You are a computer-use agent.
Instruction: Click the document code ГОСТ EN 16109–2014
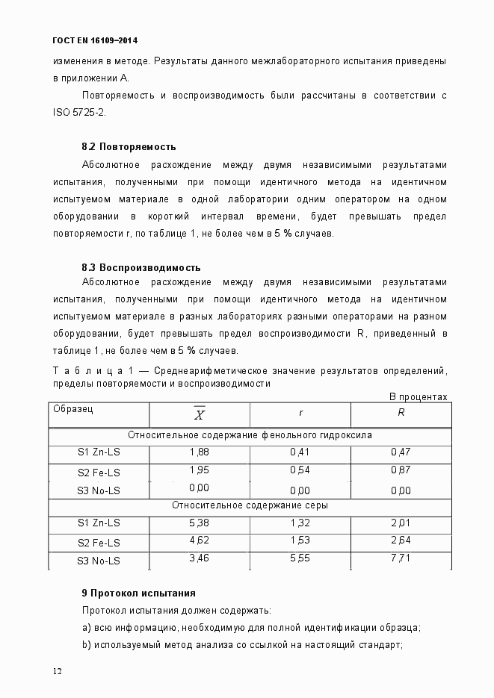pos(95,40)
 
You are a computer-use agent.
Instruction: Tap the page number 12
pos(57,670)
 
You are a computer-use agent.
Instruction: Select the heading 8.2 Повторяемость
pos(129,146)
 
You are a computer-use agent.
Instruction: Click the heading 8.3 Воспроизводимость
pos(141,267)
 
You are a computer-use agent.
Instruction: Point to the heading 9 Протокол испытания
pos(138,593)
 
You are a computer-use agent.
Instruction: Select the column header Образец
pos(72,409)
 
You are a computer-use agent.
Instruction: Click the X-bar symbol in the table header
pos(200,414)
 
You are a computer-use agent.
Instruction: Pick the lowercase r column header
pos(300,412)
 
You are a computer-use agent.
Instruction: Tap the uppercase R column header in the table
pos(401,412)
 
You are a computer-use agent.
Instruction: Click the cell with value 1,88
pos(200,452)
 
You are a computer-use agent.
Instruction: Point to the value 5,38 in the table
pos(200,523)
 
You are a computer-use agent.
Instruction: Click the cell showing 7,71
pos(401,558)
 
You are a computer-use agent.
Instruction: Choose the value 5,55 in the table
pos(300,558)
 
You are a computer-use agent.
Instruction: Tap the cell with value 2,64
pos(401,540)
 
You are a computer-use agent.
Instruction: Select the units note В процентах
pos(419,396)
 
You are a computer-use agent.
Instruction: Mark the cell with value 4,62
pos(200,540)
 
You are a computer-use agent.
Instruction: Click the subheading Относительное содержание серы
pos(250,505)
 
